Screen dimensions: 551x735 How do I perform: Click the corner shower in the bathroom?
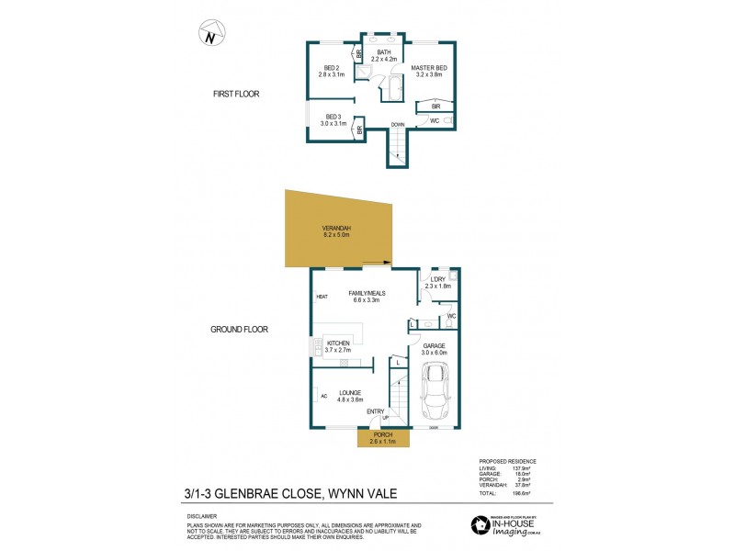click(365, 73)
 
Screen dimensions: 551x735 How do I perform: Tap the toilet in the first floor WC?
click(447, 120)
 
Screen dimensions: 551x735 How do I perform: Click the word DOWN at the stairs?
click(397, 125)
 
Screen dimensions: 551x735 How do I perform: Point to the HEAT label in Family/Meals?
click(322, 297)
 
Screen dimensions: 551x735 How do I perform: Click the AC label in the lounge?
click(323, 396)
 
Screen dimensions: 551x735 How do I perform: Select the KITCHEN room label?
click(338, 343)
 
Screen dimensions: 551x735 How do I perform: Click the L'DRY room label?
click(437, 281)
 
